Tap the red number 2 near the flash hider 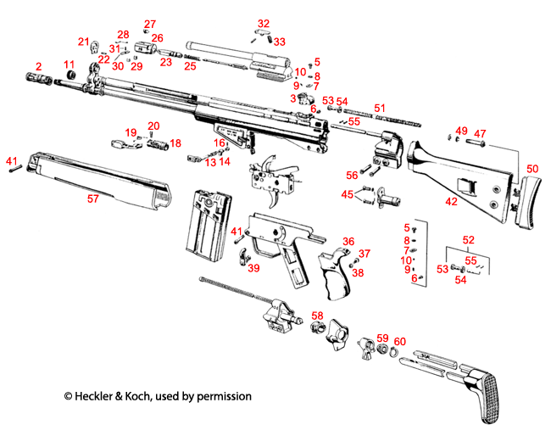(x=38, y=66)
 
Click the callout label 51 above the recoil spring (x=380, y=109)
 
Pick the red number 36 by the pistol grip (x=348, y=242)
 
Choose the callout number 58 (x=316, y=316)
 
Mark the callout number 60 (x=400, y=341)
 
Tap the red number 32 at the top (x=264, y=23)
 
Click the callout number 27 (x=150, y=24)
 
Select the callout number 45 (x=348, y=195)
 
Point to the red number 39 (x=253, y=268)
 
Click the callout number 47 (x=480, y=133)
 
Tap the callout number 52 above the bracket (x=468, y=240)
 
